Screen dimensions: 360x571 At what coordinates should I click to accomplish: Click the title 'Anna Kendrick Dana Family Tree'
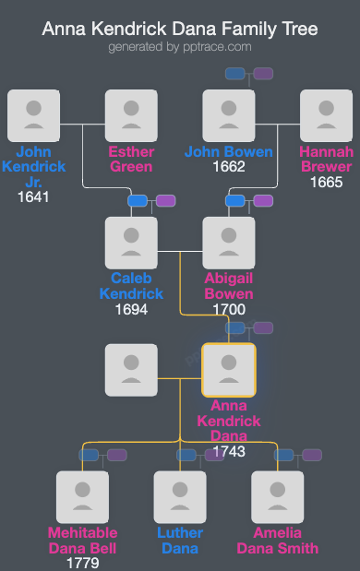(180, 30)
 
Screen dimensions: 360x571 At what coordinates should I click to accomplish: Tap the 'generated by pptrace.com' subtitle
(180, 46)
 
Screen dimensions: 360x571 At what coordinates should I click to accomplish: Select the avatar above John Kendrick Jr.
(33, 115)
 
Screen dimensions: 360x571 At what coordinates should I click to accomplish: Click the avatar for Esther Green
(131, 115)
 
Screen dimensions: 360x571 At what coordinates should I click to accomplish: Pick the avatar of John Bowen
(229, 115)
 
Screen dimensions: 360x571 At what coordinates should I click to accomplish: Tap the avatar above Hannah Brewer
(327, 115)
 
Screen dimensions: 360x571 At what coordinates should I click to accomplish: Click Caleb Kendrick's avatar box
(131, 243)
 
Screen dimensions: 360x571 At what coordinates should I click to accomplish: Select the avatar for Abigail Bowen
(229, 243)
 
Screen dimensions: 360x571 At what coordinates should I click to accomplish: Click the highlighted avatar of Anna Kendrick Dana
(229, 370)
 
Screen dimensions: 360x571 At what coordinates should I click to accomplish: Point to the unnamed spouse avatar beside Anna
(131, 370)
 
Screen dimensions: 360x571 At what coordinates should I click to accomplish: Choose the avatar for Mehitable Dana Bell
(82, 497)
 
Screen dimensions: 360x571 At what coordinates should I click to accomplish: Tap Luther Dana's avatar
(180, 497)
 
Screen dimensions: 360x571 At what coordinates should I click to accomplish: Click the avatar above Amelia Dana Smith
(278, 497)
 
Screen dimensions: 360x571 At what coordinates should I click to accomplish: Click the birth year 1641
(33, 196)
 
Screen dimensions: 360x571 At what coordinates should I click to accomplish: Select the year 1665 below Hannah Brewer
(327, 183)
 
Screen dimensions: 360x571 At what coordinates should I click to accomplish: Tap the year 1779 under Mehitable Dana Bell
(82, 562)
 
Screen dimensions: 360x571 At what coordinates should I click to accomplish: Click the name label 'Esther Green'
(131, 159)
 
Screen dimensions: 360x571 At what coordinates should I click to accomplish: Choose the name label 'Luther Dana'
(180, 541)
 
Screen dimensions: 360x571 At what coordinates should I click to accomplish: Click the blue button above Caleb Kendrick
(138, 200)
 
